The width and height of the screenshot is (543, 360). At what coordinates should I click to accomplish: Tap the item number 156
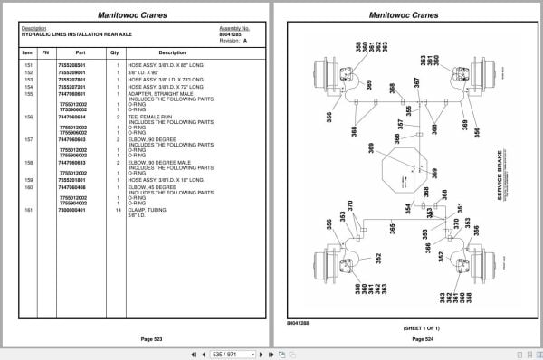(28, 117)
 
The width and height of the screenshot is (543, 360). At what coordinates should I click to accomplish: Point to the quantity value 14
(118, 210)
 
